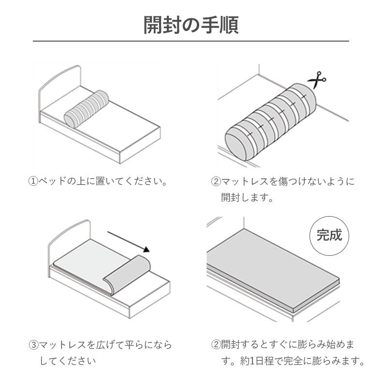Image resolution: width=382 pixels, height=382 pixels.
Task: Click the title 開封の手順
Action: (x=191, y=25)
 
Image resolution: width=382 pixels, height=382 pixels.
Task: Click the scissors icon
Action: (x=317, y=79)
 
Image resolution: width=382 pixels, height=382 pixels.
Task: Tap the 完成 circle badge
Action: (x=329, y=236)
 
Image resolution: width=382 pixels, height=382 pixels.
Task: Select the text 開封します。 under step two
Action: (x=247, y=197)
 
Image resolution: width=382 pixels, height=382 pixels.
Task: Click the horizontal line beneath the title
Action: (x=191, y=42)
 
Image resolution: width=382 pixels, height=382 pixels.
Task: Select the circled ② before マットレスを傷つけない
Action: (x=216, y=182)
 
